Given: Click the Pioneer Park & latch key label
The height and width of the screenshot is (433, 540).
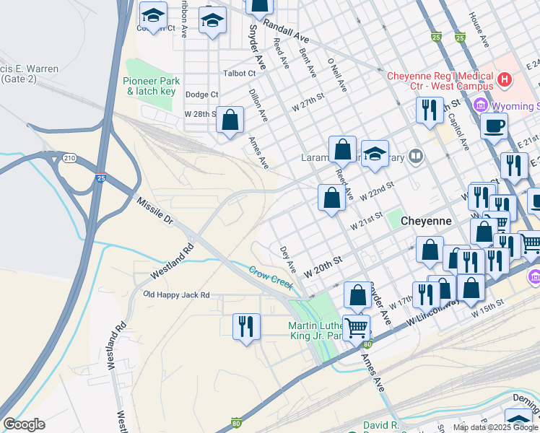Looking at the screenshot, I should (x=152, y=86).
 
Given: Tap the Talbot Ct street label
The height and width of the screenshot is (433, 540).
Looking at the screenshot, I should (x=240, y=74).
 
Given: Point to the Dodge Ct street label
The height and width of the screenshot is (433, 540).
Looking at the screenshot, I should (x=201, y=95).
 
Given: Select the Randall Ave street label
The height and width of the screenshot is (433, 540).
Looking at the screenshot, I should (x=286, y=32).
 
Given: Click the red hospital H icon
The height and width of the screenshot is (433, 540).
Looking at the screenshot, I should (x=505, y=78).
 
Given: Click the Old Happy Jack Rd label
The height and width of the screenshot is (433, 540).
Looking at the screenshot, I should (x=176, y=295).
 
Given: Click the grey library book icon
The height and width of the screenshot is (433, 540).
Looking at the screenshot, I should (x=416, y=156).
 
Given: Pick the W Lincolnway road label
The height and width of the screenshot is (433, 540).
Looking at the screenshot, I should (x=433, y=307).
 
